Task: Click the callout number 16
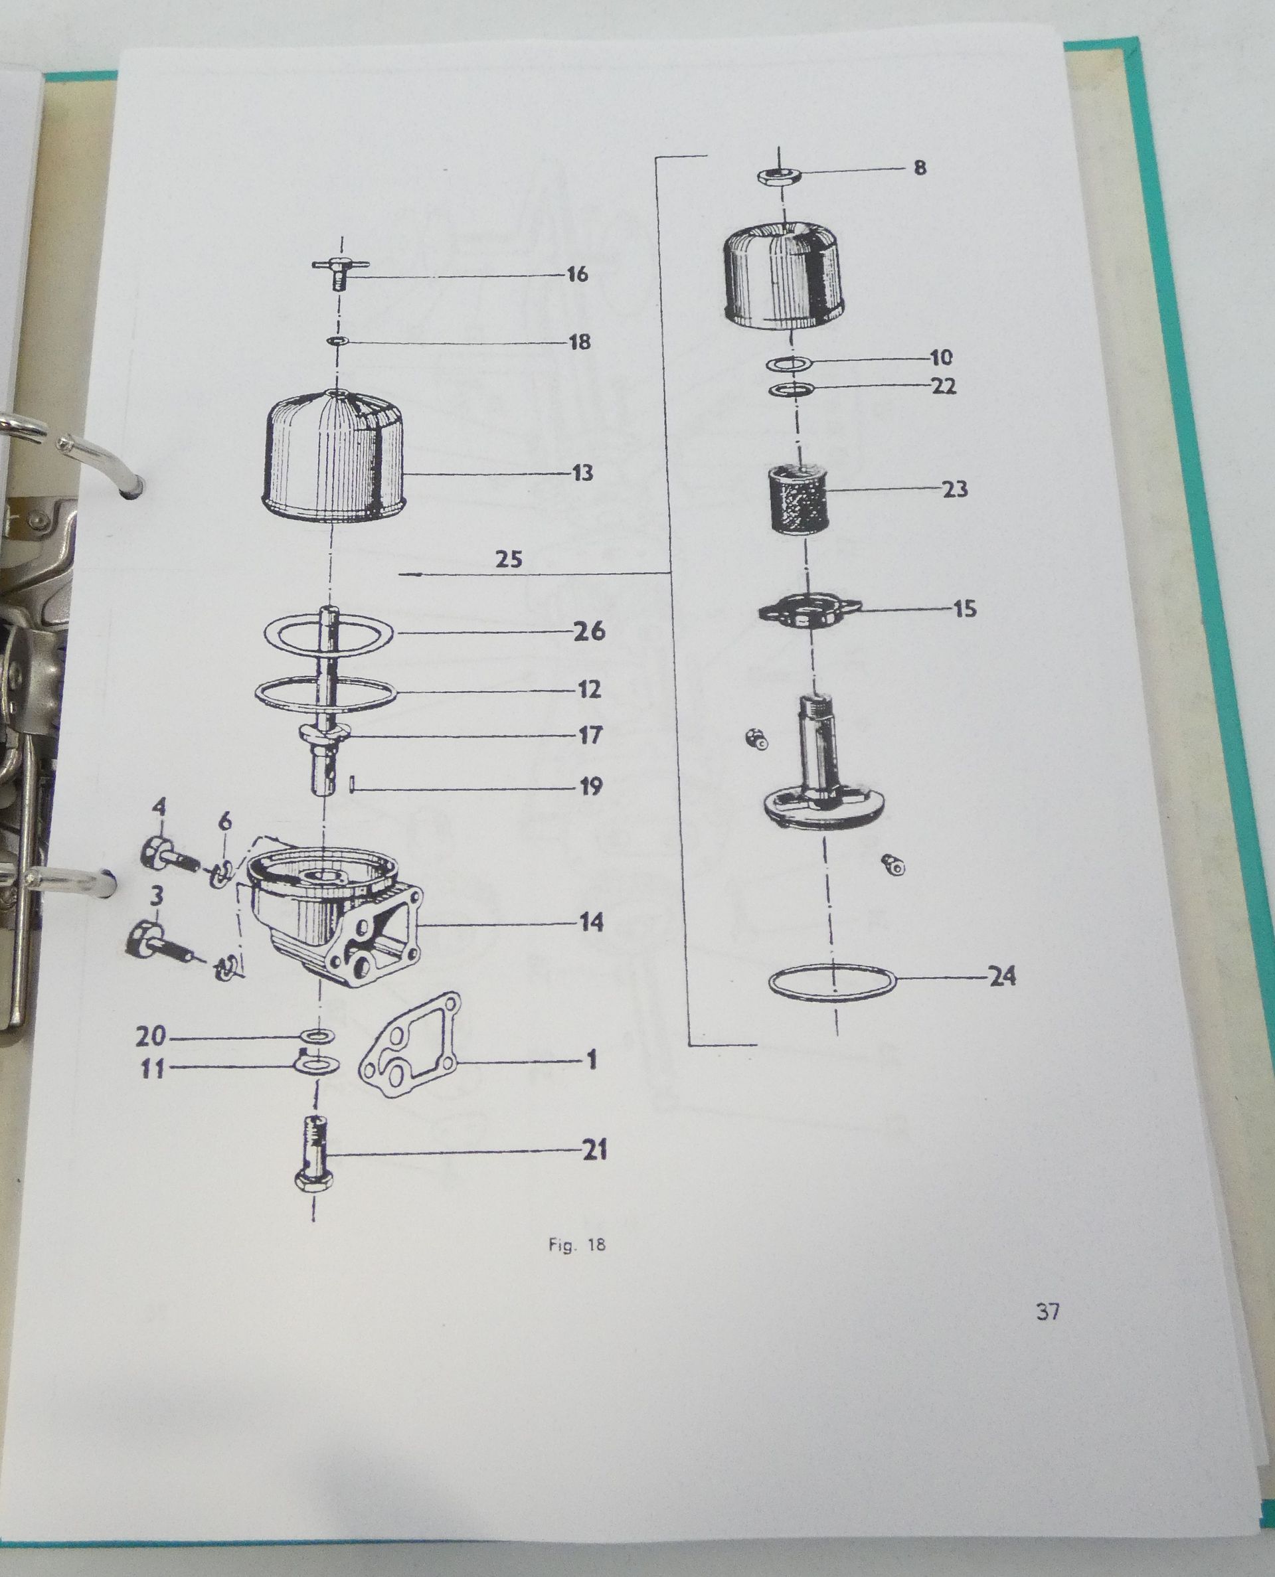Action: [x=578, y=275]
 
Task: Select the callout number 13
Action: [x=582, y=473]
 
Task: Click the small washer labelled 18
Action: [x=339, y=341]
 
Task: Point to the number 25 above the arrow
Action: [x=508, y=560]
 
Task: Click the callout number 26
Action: [x=589, y=631]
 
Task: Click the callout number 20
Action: [x=151, y=1037]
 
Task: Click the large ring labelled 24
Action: [x=833, y=981]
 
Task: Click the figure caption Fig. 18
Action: [x=576, y=1245]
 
